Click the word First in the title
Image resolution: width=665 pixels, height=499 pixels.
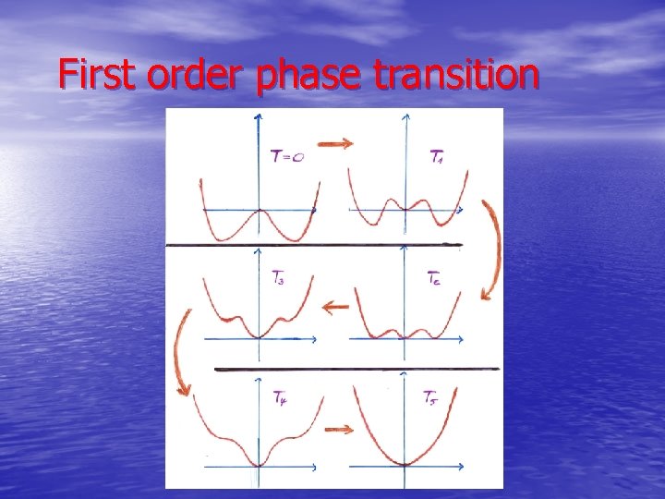(96, 74)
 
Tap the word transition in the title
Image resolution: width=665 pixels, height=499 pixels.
(456, 74)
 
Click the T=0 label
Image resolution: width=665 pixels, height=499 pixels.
(287, 157)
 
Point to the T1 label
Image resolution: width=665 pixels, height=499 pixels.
(437, 157)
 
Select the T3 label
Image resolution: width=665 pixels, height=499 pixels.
(278, 275)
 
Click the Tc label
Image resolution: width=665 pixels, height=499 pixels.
(436, 276)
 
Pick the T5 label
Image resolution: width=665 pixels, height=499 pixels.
(431, 398)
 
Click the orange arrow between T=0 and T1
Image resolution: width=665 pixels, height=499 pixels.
(333, 143)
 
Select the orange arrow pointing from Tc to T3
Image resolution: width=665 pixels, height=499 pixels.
(333, 306)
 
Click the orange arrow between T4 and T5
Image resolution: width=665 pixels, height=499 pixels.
(337, 428)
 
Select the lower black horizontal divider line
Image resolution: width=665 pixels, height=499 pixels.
(356, 370)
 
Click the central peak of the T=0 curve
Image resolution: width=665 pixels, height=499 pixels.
(260, 212)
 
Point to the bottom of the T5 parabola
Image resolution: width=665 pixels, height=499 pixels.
(404, 462)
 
